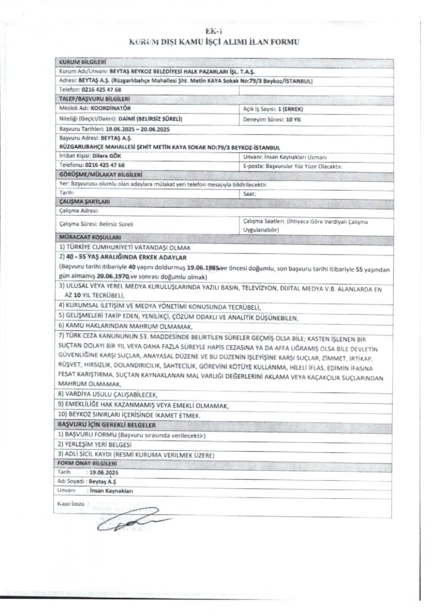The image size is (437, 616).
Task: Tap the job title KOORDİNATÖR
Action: coord(111,108)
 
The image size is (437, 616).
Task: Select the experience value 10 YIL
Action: coord(294,120)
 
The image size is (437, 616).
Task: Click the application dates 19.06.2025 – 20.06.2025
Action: coord(138,129)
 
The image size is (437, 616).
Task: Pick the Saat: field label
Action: coord(250,194)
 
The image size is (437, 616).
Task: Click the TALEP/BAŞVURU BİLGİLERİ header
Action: coord(94,99)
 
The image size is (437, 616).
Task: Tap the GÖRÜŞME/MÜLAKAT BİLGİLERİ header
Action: coord(100,175)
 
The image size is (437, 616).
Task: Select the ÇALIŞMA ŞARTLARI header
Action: coord(84,202)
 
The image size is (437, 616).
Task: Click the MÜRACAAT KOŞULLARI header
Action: coord(90,237)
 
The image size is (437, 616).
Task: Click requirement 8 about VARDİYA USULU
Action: coord(108,394)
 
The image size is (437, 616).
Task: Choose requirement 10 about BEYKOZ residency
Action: coord(129,415)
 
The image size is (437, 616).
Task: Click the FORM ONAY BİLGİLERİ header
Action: coord(87,463)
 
